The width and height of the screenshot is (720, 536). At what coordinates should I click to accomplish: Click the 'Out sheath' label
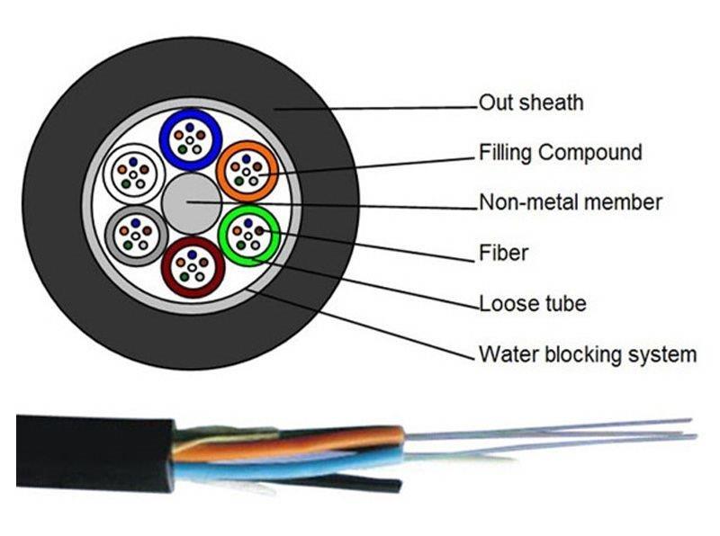tap(530, 103)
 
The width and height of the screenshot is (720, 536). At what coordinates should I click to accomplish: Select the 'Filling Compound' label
tap(560, 152)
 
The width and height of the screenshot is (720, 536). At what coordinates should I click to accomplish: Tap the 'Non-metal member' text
tap(570, 202)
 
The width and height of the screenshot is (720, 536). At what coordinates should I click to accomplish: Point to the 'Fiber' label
tap(503, 254)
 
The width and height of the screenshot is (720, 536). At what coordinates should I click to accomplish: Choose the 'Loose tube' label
tap(532, 303)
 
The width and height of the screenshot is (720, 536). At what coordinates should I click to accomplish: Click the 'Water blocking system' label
tap(587, 353)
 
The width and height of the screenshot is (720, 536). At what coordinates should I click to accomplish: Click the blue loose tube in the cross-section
tap(191, 139)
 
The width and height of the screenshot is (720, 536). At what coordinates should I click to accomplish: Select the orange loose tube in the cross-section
tap(246, 169)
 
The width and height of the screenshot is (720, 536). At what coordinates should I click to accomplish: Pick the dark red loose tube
tap(191, 265)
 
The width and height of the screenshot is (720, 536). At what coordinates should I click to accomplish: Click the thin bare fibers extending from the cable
tap(558, 436)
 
